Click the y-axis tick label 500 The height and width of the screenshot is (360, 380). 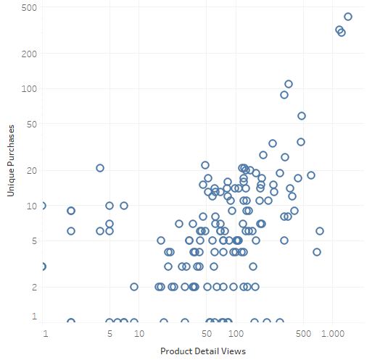click(x=29, y=8)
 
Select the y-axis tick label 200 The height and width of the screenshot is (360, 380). click(x=29, y=54)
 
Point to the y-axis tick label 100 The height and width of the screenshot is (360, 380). click(x=29, y=89)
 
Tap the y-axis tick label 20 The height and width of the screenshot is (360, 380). click(x=32, y=171)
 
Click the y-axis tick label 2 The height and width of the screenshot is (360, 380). click(x=34, y=288)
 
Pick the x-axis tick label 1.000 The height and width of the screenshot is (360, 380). click(x=332, y=334)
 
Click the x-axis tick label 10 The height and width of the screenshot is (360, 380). click(x=139, y=334)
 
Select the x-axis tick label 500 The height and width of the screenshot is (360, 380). click(x=303, y=334)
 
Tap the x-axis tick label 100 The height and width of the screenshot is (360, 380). click(x=236, y=334)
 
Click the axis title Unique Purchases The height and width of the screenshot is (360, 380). click(x=11, y=161)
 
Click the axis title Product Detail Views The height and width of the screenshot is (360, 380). click(x=203, y=351)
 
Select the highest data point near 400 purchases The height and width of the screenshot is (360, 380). click(x=348, y=17)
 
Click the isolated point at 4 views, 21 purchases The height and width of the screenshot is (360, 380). click(x=100, y=168)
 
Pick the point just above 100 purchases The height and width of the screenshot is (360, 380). click(x=289, y=84)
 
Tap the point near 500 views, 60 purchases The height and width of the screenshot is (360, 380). click(x=302, y=116)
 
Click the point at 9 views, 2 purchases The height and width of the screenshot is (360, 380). click(x=134, y=287)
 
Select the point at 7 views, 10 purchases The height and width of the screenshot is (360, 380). click(x=124, y=206)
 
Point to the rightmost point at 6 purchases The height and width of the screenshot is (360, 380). click(x=320, y=231)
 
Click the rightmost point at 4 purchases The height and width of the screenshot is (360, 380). click(x=317, y=252)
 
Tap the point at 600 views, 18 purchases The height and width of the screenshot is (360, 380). click(x=311, y=175)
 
